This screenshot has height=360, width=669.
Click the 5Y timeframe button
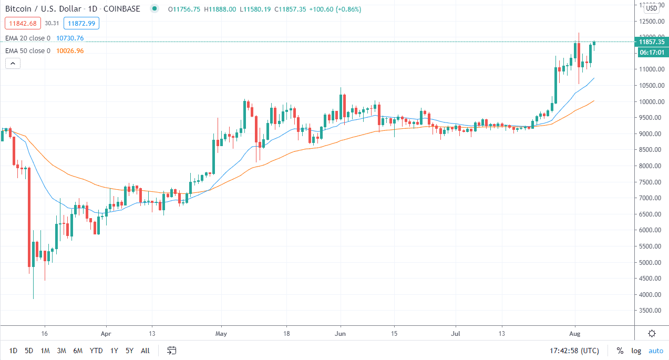coord(129,351)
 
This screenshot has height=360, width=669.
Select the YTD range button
coord(96,351)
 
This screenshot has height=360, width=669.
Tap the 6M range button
coord(78,351)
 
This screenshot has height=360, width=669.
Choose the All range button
coord(146,351)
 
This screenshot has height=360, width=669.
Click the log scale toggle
coord(636,351)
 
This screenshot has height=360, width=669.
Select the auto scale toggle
coord(656,351)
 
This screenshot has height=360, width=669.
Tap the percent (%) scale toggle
coord(620,351)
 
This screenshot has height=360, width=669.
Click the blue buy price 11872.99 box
coord(81,23)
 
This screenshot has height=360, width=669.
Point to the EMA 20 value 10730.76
coord(70,38)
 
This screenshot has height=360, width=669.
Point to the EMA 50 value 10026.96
coord(70,51)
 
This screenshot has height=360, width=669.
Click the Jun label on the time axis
coord(341,333)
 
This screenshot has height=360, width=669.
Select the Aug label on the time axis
coord(575,333)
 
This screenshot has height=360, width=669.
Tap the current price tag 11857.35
coord(652,42)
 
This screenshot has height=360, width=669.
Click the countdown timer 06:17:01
coord(652,53)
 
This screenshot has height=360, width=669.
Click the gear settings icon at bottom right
coord(652,333)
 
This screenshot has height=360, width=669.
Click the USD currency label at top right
coord(652,8)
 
